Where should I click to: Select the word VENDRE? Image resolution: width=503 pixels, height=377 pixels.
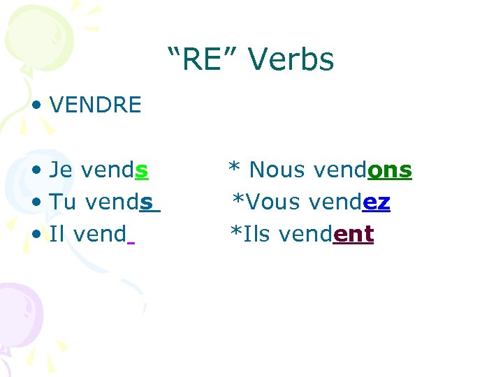pos(96,105)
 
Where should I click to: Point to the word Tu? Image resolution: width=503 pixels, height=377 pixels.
pos(64,202)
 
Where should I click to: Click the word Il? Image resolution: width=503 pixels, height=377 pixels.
pos(58,234)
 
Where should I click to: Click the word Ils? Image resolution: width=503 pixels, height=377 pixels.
pos(256,234)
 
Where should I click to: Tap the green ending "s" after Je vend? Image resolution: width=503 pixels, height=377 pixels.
pos(141,170)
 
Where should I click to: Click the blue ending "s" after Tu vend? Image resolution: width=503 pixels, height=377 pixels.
pos(146,202)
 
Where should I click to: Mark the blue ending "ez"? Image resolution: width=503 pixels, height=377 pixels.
pos(377,202)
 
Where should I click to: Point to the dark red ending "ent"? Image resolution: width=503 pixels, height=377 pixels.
pos(353,234)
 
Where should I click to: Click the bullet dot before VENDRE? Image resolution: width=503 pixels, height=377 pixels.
pos(37,106)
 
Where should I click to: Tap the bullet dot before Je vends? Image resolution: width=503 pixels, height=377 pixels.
pos(37,170)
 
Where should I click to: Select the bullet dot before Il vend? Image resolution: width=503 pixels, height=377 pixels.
pos(37,235)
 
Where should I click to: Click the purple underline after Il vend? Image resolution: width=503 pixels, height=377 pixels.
pos(131,243)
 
